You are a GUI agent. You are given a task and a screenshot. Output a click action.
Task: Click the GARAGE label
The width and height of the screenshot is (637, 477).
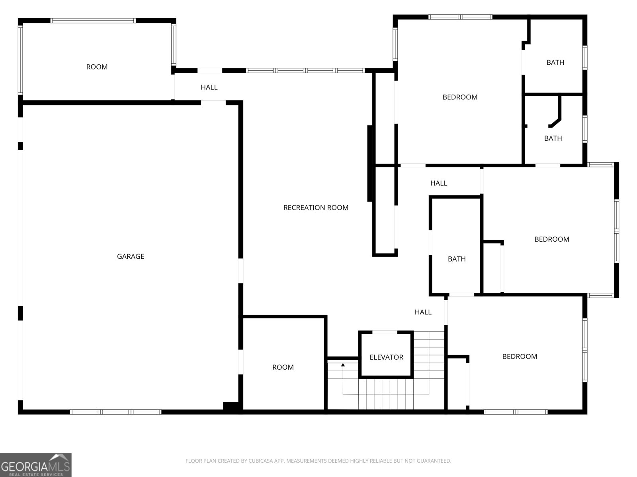131,256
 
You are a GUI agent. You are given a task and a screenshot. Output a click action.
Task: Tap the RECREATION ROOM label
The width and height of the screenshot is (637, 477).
316,207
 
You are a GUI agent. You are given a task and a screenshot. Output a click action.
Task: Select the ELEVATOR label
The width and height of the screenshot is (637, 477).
386,357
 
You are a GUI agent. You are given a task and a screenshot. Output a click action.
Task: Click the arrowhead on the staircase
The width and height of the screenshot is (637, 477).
343,365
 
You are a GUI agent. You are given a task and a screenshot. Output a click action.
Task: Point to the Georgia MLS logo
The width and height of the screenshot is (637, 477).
36,465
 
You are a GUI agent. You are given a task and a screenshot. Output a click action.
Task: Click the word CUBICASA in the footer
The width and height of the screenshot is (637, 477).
258,461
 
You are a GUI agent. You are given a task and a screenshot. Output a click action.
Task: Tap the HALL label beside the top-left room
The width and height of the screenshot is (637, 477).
209,87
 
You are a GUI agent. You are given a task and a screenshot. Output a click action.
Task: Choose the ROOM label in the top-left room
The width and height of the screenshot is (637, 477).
97,67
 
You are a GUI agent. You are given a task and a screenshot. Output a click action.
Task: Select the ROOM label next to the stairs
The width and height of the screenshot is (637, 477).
283,367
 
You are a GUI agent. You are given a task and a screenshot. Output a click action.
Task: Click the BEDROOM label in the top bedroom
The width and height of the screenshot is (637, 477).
460,97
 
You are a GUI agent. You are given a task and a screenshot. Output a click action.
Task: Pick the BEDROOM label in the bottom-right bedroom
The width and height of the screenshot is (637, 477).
520,356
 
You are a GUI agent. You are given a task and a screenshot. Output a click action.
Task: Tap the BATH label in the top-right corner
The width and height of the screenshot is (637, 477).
555,62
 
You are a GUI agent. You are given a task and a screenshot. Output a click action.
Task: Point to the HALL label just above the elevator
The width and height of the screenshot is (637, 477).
423,312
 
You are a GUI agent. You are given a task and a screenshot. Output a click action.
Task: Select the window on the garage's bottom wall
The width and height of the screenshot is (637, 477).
115,412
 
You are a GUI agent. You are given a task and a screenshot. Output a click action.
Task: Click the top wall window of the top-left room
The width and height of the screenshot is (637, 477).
93,21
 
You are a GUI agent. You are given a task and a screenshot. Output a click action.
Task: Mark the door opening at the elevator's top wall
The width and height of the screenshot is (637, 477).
385,332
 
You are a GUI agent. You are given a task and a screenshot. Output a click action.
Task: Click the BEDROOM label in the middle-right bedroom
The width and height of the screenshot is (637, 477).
552,239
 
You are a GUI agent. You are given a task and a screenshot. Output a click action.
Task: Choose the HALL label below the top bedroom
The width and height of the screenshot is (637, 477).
438,183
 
